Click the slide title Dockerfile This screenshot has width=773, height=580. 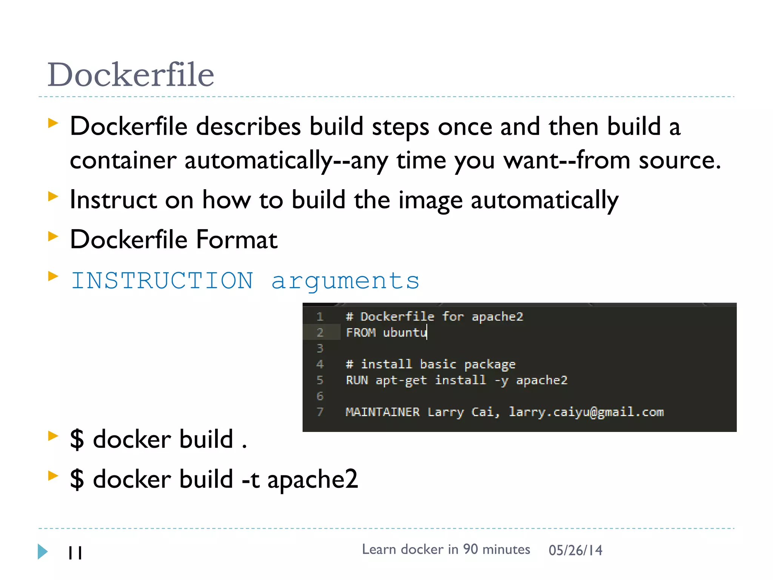131,74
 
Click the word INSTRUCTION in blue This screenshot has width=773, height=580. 162,281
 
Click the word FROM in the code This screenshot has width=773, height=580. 360,333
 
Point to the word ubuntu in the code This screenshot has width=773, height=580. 404,333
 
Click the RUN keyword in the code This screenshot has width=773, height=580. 357,380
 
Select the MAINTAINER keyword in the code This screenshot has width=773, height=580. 382,412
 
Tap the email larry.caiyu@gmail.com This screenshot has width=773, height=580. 586,412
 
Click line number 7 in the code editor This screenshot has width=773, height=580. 320,412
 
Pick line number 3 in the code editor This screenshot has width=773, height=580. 320,348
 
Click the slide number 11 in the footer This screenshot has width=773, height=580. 75,553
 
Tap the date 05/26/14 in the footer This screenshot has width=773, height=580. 575,551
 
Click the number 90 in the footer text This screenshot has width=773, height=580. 470,549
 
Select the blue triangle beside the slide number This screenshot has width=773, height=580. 43,552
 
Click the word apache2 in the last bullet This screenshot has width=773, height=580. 313,480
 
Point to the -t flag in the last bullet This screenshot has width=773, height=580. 250,480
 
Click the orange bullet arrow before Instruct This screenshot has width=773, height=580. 53,196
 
